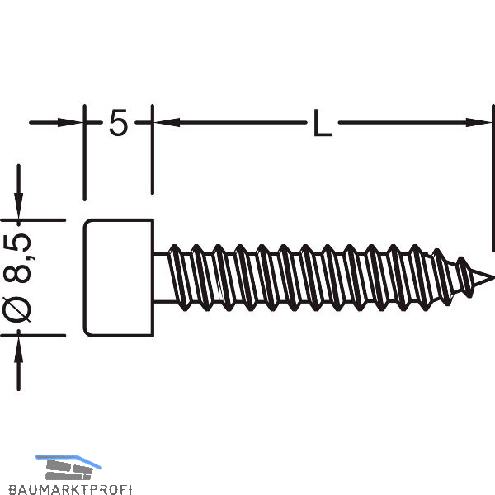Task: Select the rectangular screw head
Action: pyautogui.click(x=119, y=277)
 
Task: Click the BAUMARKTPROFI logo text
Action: pyautogui.click(x=83, y=488)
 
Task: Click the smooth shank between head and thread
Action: pyautogui.click(x=160, y=277)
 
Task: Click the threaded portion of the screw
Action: pyautogui.click(x=313, y=277)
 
